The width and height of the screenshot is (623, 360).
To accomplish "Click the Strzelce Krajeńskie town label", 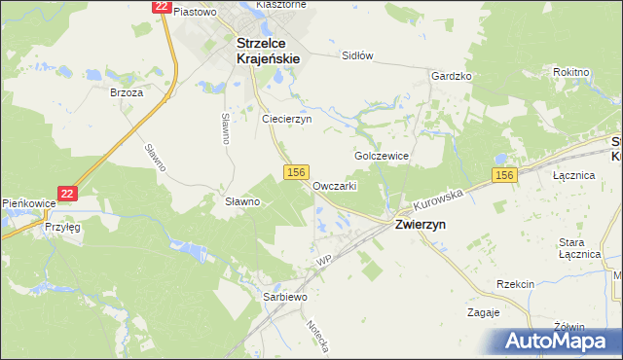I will (x=268, y=51).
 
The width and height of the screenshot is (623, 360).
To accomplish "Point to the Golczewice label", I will (x=381, y=156).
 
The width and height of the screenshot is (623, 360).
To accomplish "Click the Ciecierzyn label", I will (x=286, y=119).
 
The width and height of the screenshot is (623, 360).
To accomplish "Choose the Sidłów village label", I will (x=357, y=55).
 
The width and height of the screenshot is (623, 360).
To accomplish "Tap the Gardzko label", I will (x=452, y=76).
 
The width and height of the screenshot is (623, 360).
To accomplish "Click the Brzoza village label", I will (x=127, y=93).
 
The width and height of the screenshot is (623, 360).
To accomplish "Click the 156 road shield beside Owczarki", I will (x=297, y=171).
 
